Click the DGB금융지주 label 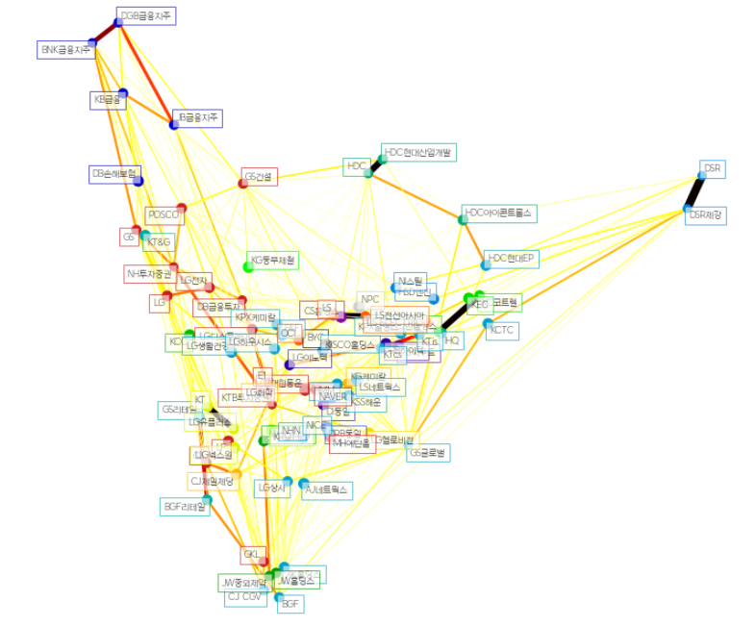pyautogui.click(x=146, y=16)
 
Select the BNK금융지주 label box pyautogui.click(x=65, y=48)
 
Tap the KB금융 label pyautogui.click(x=108, y=99)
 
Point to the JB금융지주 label pyautogui.click(x=198, y=118)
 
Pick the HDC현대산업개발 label pyautogui.click(x=419, y=152)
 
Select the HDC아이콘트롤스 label pyautogui.click(x=499, y=213)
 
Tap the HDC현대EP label pyautogui.click(x=512, y=259)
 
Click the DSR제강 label pyautogui.click(x=706, y=215)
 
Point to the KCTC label pyautogui.click(x=503, y=330)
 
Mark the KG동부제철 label pyautogui.click(x=274, y=260)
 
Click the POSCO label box pyautogui.click(x=164, y=214)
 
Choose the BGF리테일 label pyautogui.click(x=183, y=507)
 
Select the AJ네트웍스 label pyautogui.click(x=327, y=490)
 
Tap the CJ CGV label pyautogui.click(x=245, y=597)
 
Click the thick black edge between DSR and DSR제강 pyautogui.click(x=693, y=192)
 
